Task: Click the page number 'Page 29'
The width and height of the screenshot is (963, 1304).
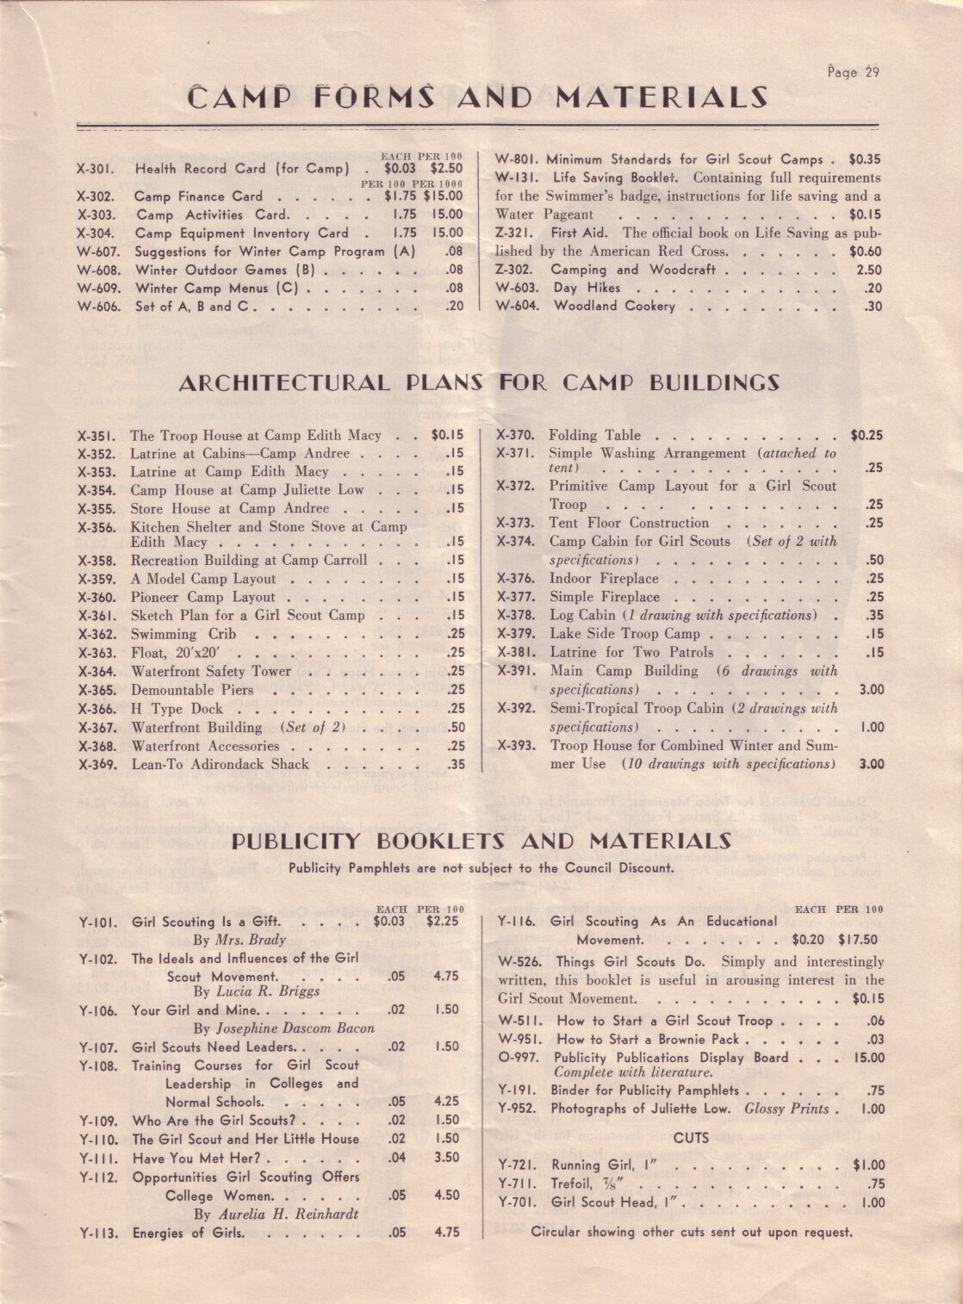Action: [853, 72]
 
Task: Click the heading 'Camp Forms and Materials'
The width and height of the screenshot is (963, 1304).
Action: [477, 97]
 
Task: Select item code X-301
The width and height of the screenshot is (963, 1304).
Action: [96, 170]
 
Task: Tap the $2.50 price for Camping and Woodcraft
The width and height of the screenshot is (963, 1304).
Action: [869, 270]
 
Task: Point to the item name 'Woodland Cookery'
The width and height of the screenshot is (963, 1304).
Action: [614, 307]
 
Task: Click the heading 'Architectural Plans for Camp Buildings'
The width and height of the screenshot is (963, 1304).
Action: [479, 383]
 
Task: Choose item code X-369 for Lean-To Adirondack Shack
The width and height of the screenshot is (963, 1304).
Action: [97, 765]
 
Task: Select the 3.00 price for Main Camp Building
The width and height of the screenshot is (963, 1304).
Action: [871, 690]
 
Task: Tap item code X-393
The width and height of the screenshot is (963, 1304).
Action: [517, 746]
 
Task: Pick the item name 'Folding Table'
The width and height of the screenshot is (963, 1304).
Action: [594, 436]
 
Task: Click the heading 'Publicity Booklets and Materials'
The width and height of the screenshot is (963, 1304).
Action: [481, 841]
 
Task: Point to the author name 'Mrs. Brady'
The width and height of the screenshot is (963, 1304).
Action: [239, 940]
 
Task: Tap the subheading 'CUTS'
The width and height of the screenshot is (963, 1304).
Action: [691, 1138]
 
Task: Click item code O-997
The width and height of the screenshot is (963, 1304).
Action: [518, 1058]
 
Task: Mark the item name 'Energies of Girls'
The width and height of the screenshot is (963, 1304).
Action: [188, 1233]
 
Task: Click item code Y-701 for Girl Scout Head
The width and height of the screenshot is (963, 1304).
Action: [518, 1202]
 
